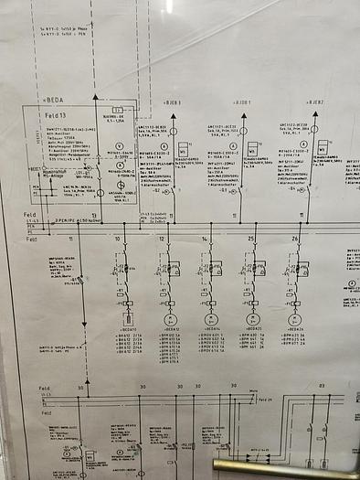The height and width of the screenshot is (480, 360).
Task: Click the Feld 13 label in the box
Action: [x=55, y=118]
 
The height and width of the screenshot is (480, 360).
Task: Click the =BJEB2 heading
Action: [x=316, y=102]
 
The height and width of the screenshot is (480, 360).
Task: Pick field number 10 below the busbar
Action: [x=117, y=239]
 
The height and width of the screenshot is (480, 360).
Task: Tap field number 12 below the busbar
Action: [x=162, y=239]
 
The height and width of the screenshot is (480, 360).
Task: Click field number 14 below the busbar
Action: [x=206, y=239]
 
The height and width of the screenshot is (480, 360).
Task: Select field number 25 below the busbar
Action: [x=250, y=239]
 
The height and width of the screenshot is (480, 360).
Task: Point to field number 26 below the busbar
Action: [x=295, y=239]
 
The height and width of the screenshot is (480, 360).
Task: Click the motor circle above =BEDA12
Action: [x=169, y=320]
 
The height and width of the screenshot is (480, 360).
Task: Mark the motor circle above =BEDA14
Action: [x=211, y=320]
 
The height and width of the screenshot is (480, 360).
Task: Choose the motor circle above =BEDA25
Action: [x=253, y=320]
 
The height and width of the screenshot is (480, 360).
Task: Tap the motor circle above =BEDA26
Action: [x=294, y=320]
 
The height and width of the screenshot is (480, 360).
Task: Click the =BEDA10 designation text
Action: [x=127, y=330]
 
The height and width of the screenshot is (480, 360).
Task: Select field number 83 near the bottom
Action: [x=322, y=387]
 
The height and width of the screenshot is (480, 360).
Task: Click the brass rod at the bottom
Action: [x=283, y=468]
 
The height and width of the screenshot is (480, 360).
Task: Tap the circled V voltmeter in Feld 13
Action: [x=120, y=145]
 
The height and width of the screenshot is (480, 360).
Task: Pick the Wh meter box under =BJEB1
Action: [x=184, y=148]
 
